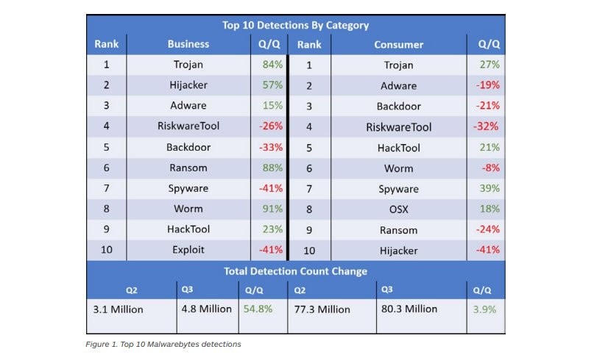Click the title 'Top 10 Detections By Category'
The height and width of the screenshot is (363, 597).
[295, 25]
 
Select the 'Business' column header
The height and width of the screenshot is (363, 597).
[188, 44]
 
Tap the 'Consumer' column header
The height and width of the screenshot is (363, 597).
[398, 44]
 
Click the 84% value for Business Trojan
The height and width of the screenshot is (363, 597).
[272, 65]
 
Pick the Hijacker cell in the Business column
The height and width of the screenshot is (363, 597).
[188, 85]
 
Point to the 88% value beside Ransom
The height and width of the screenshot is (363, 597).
[272, 168]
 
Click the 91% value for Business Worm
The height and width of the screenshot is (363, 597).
[272, 209]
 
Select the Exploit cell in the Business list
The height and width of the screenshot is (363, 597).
[188, 250]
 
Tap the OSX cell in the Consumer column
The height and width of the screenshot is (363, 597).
[398, 209]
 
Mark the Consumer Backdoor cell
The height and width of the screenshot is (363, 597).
[398, 107]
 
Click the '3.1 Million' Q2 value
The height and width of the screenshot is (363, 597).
[118, 309]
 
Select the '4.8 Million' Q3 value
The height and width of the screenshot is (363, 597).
[207, 309]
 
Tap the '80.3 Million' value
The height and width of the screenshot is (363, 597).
[409, 309]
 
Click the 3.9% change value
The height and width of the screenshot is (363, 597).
[484, 309]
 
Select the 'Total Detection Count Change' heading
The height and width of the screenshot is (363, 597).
[295, 271]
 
